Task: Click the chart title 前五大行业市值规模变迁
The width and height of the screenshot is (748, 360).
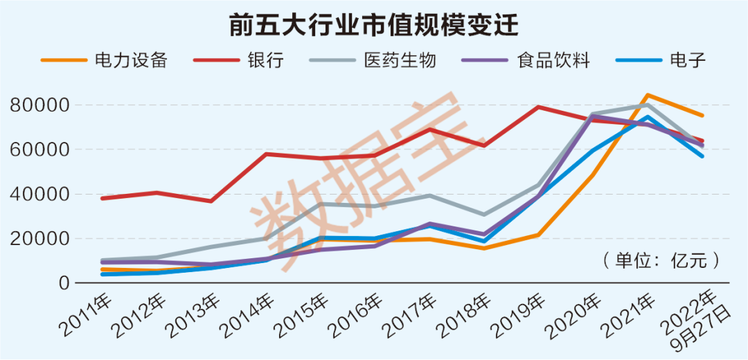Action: pos(374,26)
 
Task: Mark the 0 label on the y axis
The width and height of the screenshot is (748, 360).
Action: pos(64,283)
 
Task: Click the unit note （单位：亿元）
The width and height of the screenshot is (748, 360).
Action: pos(659,261)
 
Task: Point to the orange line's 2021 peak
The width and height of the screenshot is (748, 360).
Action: pos(647,95)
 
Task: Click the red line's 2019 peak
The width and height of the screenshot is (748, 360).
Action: pos(538,107)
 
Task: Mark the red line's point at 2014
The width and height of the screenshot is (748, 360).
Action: pos(266,154)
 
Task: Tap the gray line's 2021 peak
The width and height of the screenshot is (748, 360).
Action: pos(647,105)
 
